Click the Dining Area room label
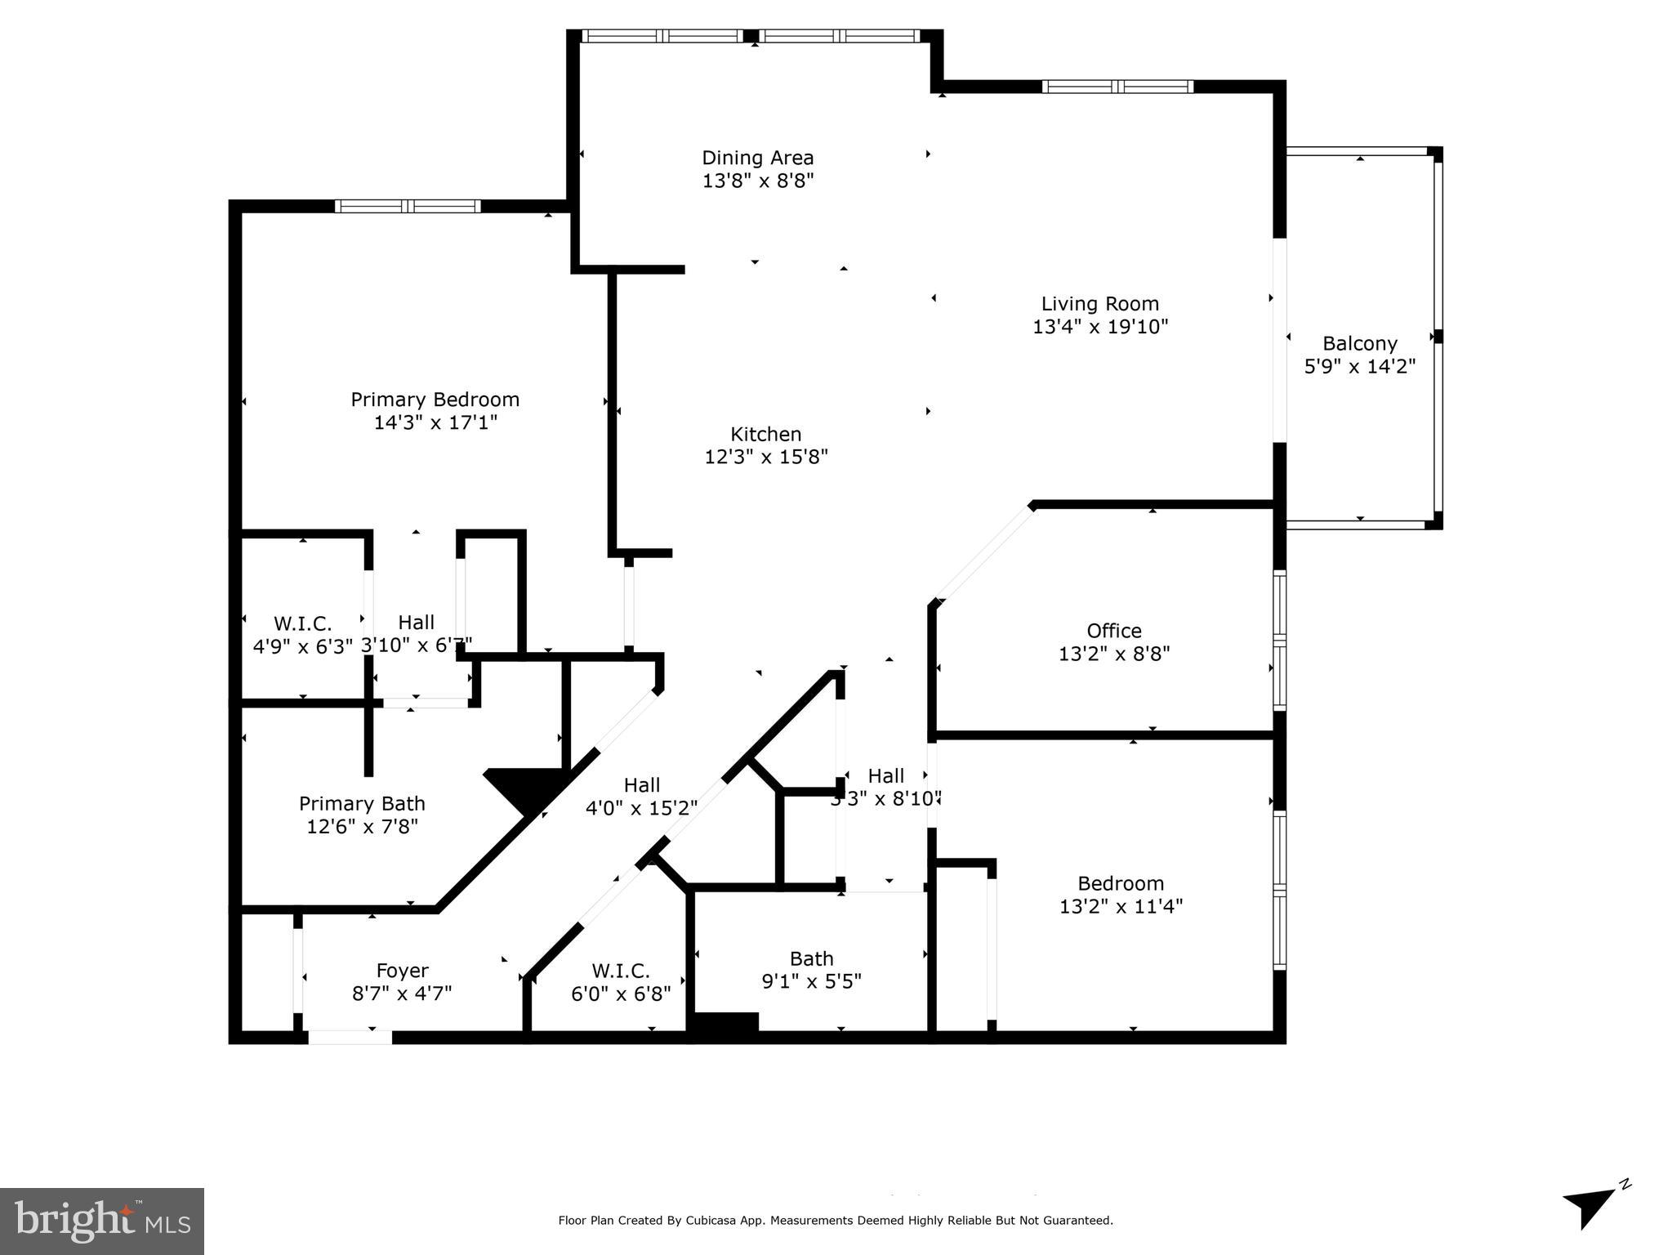[757, 158]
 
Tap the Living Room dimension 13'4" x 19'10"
[1099, 327]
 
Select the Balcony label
[1359, 344]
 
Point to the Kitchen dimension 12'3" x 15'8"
[765, 457]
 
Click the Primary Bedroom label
[435, 400]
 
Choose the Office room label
[1113, 631]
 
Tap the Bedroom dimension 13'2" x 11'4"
[1120, 906]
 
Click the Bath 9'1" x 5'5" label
[811, 969]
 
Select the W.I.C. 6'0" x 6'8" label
[620, 981]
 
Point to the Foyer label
[402, 971]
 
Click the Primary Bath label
[362, 804]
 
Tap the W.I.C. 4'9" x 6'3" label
[302, 635]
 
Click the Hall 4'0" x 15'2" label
[641, 797]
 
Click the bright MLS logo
[102, 1221]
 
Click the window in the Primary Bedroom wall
[407, 206]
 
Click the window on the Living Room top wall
[1117, 87]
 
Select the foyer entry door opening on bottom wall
[350, 1038]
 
